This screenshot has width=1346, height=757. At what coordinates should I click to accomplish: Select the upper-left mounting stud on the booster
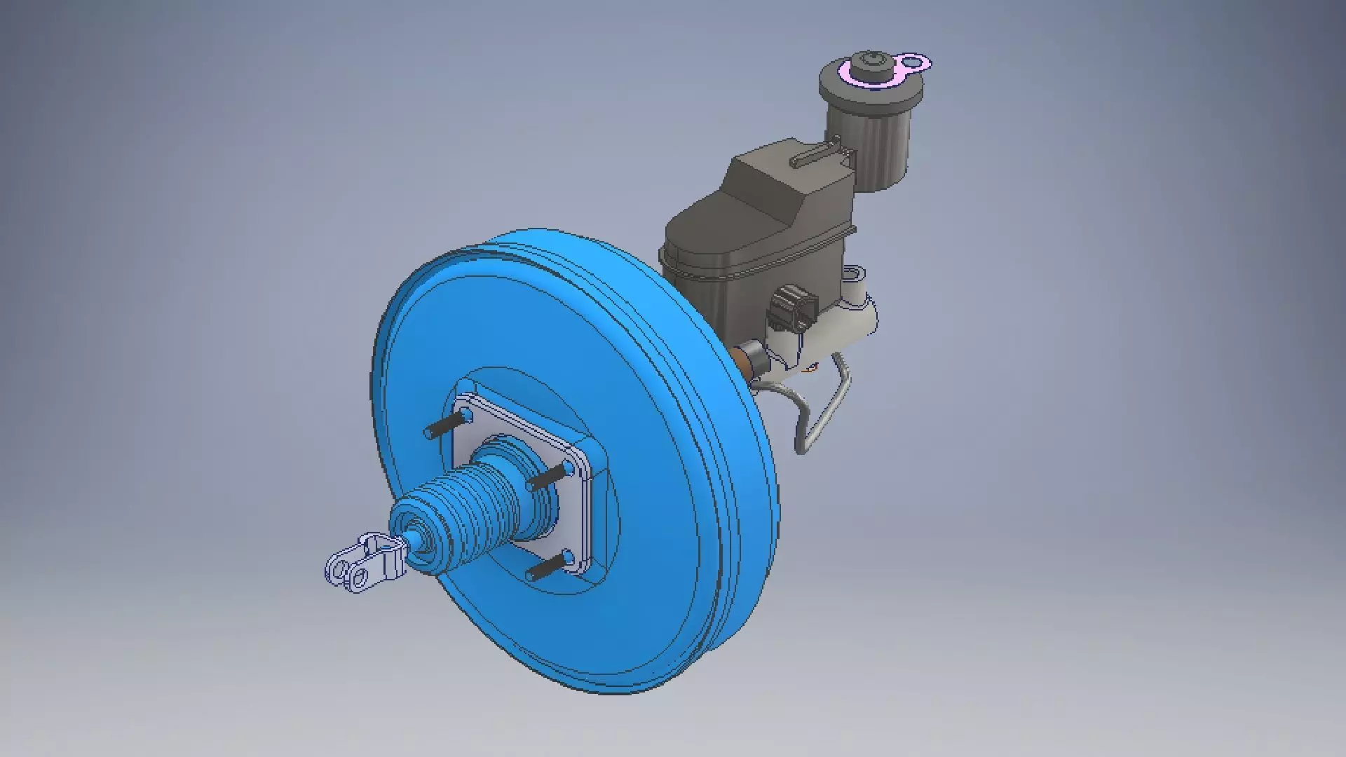click(x=446, y=425)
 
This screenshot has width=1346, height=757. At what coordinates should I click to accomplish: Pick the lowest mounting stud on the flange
click(x=547, y=567)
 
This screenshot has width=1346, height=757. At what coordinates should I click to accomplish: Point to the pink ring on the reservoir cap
click(x=857, y=73)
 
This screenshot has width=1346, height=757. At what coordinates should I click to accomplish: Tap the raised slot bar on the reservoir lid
click(x=817, y=155)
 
